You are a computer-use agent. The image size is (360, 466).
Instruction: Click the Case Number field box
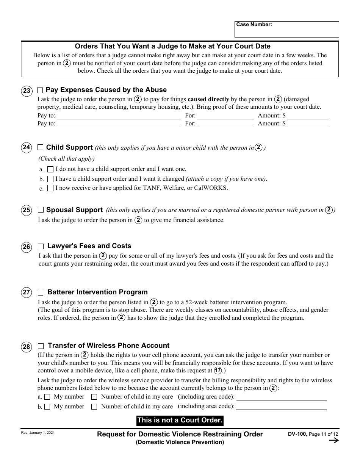click(x=286, y=30)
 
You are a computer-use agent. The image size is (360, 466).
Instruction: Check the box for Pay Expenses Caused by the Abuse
click(x=40, y=91)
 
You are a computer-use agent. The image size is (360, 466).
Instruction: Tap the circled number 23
click(x=27, y=91)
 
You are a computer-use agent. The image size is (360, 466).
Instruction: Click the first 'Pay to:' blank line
click(x=119, y=116)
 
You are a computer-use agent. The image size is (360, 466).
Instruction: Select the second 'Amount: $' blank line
click(x=308, y=124)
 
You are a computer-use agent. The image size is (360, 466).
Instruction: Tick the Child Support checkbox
click(x=41, y=148)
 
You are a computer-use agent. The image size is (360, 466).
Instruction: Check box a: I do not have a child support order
click(x=50, y=169)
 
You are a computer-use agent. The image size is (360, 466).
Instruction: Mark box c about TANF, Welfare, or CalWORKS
click(x=50, y=188)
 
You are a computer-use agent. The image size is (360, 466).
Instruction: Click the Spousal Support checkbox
click(x=41, y=210)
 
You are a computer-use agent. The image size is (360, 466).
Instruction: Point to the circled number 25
click(x=27, y=210)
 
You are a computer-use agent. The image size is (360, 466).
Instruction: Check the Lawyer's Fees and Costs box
click(x=41, y=246)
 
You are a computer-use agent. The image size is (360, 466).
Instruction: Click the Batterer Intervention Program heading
click(x=97, y=292)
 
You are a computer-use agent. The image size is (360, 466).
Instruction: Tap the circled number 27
click(x=27, y=292)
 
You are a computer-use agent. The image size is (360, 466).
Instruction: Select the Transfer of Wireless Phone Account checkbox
click(x=41, y=346)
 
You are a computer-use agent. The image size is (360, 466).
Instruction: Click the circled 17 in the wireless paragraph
click(x=218, y=371)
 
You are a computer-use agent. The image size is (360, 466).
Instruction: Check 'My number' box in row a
click(x=47, y=397)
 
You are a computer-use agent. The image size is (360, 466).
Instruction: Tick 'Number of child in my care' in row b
click(x=94, y=407)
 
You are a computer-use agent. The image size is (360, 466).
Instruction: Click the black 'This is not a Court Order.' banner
click(x=180, y=420)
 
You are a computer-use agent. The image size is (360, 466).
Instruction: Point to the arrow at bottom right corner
click(x=333, y=440)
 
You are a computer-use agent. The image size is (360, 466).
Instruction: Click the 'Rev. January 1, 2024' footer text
click(x=38, y=433)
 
